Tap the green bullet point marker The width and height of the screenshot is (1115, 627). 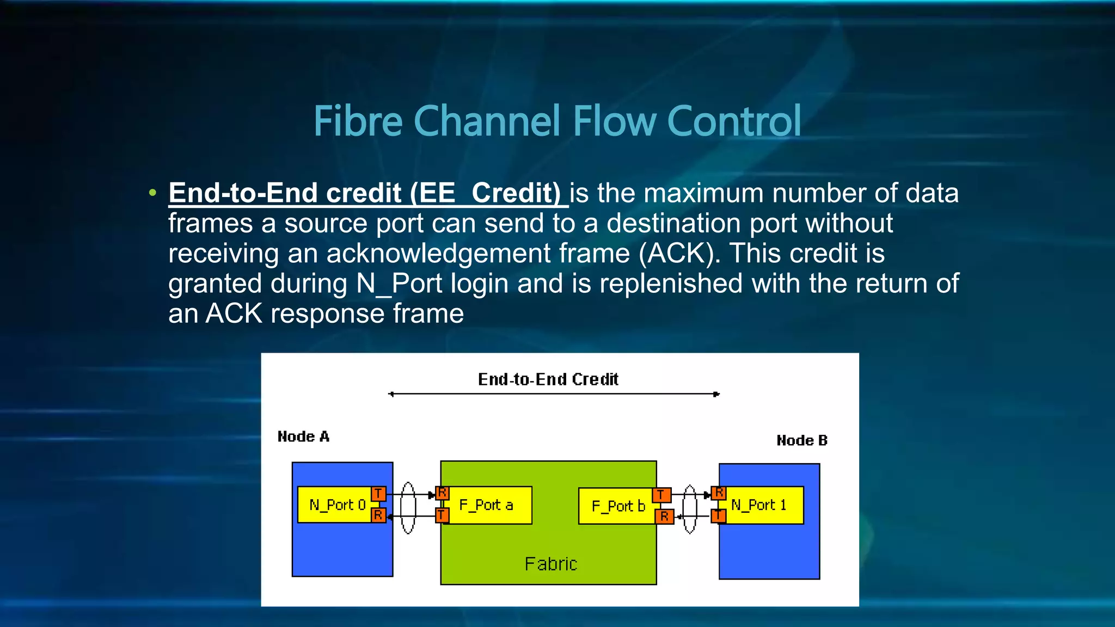coord(153,193)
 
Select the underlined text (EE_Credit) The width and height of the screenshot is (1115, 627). coord(485,193)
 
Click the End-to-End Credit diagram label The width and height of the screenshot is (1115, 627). coord(548,379)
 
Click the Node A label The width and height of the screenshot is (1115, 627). coord(303,437)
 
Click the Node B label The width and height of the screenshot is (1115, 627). coord(801,440)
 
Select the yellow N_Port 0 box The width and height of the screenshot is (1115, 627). coord(335,505)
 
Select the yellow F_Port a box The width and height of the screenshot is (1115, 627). coord(487,505)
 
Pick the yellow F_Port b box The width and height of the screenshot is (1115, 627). coord(616,506)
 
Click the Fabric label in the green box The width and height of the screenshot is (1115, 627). coord(550,564)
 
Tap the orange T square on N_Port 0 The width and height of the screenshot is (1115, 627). coord(378,494)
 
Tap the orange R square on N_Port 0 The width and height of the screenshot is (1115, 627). coord(378,515)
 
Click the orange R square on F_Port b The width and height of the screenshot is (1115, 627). coord(664,516)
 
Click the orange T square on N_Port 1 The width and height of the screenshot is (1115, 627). coord(719,515)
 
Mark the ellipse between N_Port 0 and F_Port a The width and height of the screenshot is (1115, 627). coord(408,507)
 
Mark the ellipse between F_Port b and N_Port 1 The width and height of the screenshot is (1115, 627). coord(690,509)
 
